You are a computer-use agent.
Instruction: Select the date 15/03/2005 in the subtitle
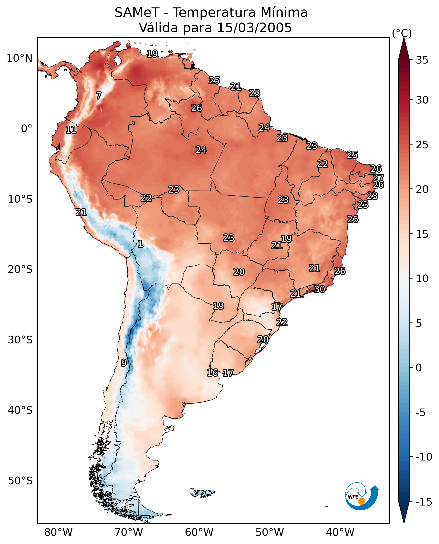point(254,28)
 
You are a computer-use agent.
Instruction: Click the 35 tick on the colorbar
point(422,60)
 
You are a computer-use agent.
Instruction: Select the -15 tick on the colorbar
point(424,502)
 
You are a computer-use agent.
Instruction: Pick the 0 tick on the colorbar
point(419,368)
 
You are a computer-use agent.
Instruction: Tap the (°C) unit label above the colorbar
point(402,33)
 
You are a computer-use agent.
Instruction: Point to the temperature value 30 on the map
point(319,289)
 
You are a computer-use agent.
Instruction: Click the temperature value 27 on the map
point(378,178)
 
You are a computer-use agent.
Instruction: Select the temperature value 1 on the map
point(140,244)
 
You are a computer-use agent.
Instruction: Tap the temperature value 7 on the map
point(99,96)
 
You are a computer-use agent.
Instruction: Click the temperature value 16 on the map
point(212,373)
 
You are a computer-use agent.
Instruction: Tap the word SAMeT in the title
point(137,13)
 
